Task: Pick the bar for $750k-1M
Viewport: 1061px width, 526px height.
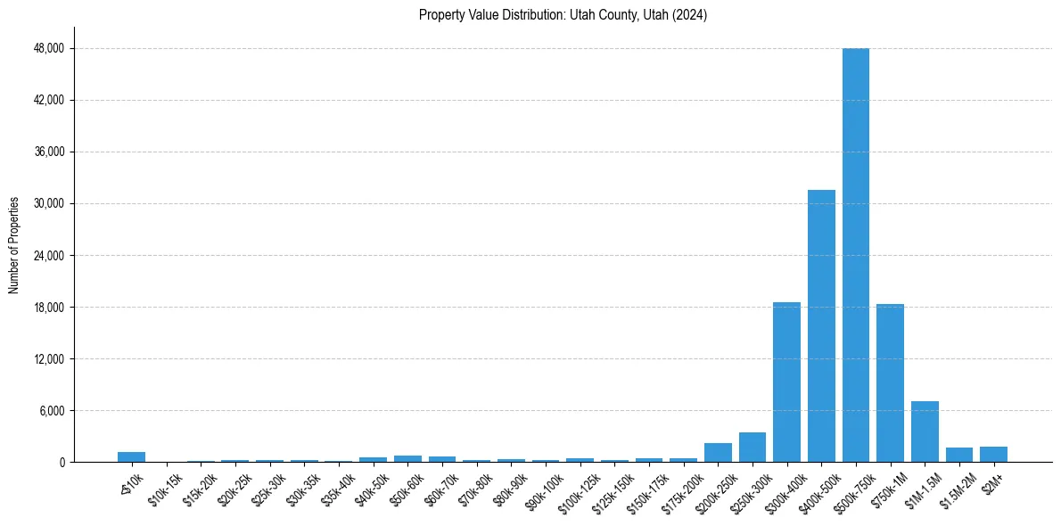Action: pyautogui.click(x=890, y=382)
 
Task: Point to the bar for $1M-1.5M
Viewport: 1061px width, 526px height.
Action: pyautogui.click(x=925, y=431)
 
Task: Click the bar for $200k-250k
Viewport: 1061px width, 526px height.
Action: pyautogui.click(x=718, y=453)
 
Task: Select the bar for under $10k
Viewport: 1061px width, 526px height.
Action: pyautogui.click(x=131, y=457)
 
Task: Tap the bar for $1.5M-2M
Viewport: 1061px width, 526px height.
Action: pyautogui.click(x=959, y=455)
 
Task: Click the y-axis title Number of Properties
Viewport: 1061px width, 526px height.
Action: pyautogui.click(x=13, y=245)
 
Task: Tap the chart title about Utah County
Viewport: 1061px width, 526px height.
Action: pyautogui.click(x=563, y=15)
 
